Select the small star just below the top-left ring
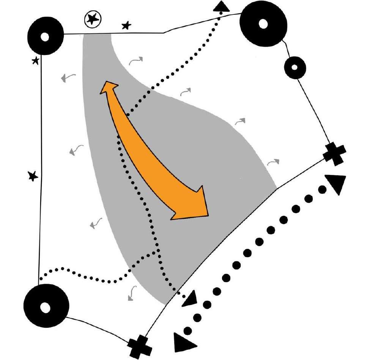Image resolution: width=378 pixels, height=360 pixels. [36, 60]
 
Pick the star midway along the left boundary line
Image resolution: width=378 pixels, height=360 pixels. [33, 176]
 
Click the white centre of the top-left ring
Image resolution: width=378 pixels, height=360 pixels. [45, 37]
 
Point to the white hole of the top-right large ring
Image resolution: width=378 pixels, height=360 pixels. [263, 23]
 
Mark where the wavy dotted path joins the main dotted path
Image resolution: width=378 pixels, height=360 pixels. [156, 251]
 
